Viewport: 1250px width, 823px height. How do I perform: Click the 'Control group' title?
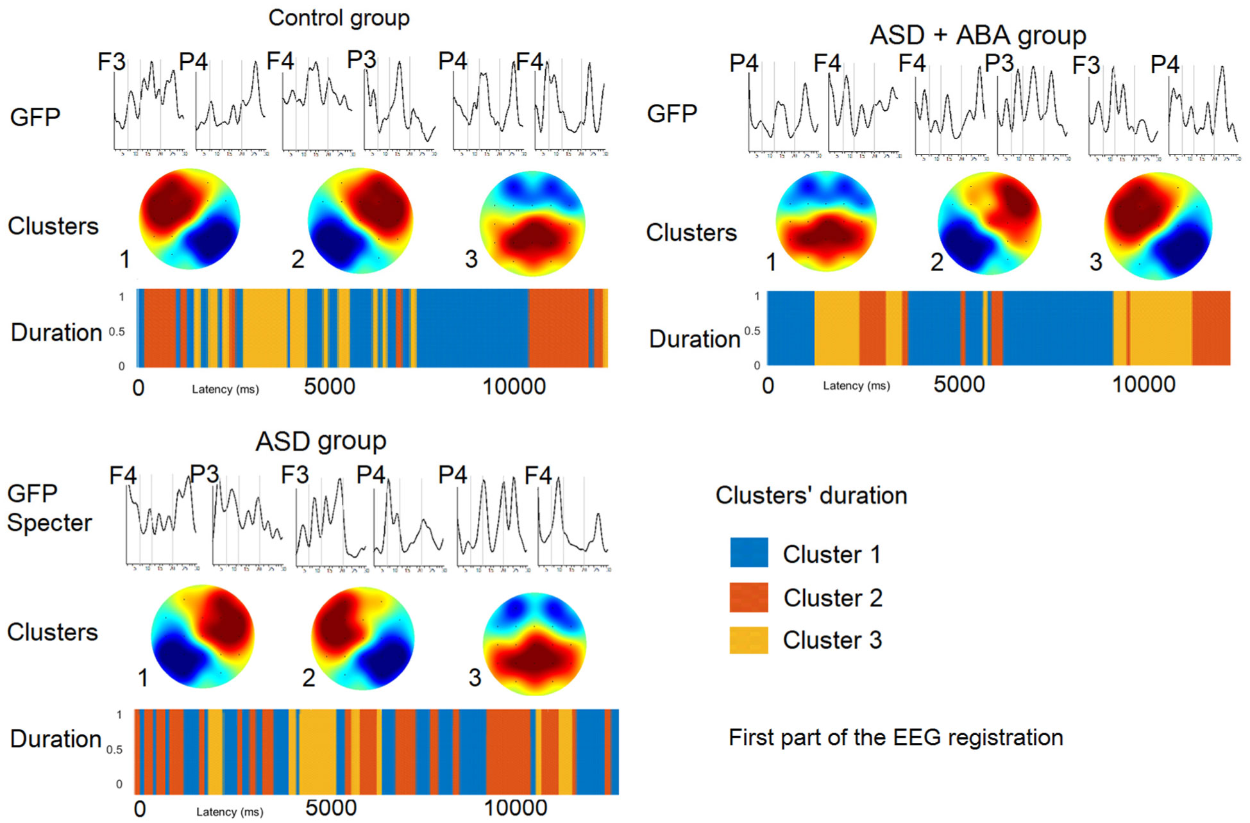click(x=339, y=18)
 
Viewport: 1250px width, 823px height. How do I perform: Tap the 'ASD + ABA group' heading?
click(x=977, y=35)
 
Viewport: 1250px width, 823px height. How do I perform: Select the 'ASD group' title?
click(x=321, y=441)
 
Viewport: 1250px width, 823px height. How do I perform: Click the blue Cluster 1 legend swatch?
click(x=748, y=553)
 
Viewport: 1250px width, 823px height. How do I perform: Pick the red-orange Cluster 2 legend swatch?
click(x=748, y=597)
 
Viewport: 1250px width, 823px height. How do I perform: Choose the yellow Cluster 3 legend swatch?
click(x=748, y=640)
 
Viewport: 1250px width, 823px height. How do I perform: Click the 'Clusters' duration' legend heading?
click(x=811, y=495)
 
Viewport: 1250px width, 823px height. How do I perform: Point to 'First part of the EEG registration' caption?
click(x=895, y=737)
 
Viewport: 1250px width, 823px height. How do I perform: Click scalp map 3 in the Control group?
click(x=532, y=223)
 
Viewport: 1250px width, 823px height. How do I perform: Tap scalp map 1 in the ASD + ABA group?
click(x=826, y=222)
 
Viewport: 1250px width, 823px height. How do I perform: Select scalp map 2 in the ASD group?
click(x=362, y=638)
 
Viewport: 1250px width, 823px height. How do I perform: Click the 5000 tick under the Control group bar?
click(x=329, y=387)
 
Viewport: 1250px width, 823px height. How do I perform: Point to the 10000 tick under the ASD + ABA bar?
click(x=1144, y=385)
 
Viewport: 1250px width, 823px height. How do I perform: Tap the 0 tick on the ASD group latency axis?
click(x=140, y=809)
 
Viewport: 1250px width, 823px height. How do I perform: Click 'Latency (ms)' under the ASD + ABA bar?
click(x=856, y=386)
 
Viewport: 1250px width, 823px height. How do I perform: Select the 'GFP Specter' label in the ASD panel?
click(x=49, y=508)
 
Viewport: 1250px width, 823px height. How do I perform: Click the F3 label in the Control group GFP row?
click(x=112, y=62)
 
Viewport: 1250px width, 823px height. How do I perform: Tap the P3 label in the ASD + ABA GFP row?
click(x=999, y=63)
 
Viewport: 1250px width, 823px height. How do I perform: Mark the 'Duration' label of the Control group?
click(x=56, y=333)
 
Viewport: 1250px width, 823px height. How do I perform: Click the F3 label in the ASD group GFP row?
click(x=295, y=475)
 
